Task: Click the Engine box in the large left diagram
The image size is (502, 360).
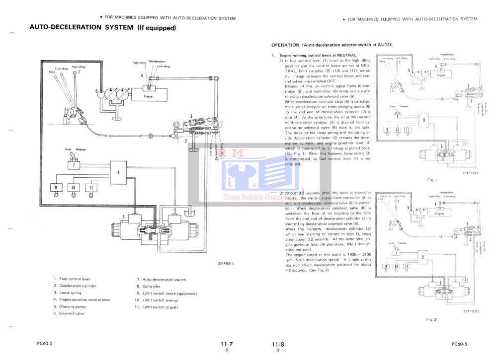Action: tap(148, 96)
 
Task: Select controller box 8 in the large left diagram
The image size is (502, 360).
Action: tap(118, 172)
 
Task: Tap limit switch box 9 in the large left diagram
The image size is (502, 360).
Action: tap(56, 188)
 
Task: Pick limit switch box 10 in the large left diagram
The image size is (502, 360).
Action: tap(73, 188)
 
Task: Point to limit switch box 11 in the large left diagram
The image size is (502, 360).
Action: tap(90, 188)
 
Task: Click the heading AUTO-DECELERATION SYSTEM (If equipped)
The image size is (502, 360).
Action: tap(103, 28)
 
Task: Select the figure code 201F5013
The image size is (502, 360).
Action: tap(225, 263)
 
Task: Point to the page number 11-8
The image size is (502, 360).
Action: tap(277, 344)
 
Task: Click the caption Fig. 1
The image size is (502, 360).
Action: tap(432, 180)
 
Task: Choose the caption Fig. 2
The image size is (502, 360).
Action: tap(431, 319)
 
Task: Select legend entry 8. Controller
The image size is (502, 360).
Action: tap(149, 287)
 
